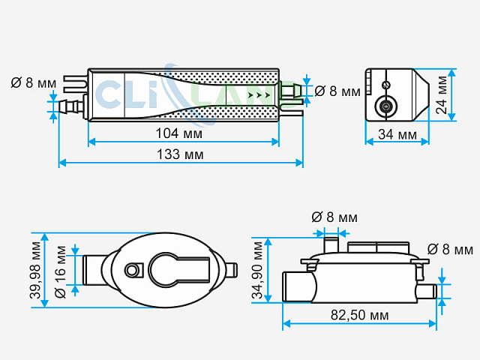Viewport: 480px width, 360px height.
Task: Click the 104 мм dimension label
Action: pyautogui.click(x=179, y=133)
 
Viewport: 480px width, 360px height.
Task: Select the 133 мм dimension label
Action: pyautogui.click(x=180, y=154)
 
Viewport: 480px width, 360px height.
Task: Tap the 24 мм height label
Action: pyautogui.click(x=442, y=95)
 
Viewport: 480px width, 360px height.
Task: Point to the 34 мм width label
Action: pyautogui.click(x=397, y=134)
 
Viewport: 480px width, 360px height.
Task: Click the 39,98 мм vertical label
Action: pyautogui.click(x=36, y=270)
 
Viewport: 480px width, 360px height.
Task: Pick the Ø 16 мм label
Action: pyautogui.click(x=60, y=271)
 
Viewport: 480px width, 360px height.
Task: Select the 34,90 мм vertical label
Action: pyautogui.click(x=257, y=270)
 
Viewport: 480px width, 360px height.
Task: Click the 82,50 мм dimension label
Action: pyautogui.click(x=360, y=315)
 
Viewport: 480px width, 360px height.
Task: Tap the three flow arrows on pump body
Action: pyautogui.click(x=259, y=95)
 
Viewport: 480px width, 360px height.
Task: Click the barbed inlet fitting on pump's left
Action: pyautogui.click(x=70, y=106)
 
